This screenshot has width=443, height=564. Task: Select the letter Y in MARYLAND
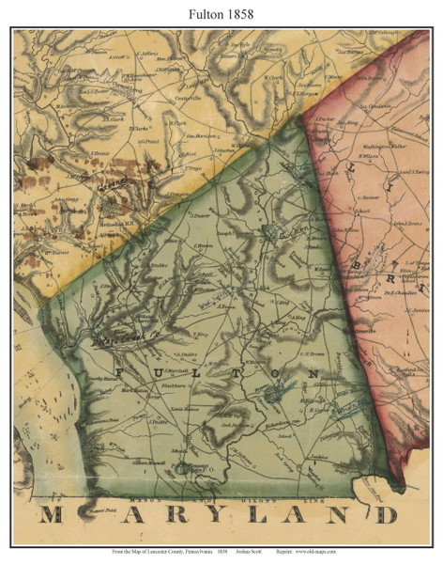point(188,515)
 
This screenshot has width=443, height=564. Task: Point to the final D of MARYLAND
point(387,515)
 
